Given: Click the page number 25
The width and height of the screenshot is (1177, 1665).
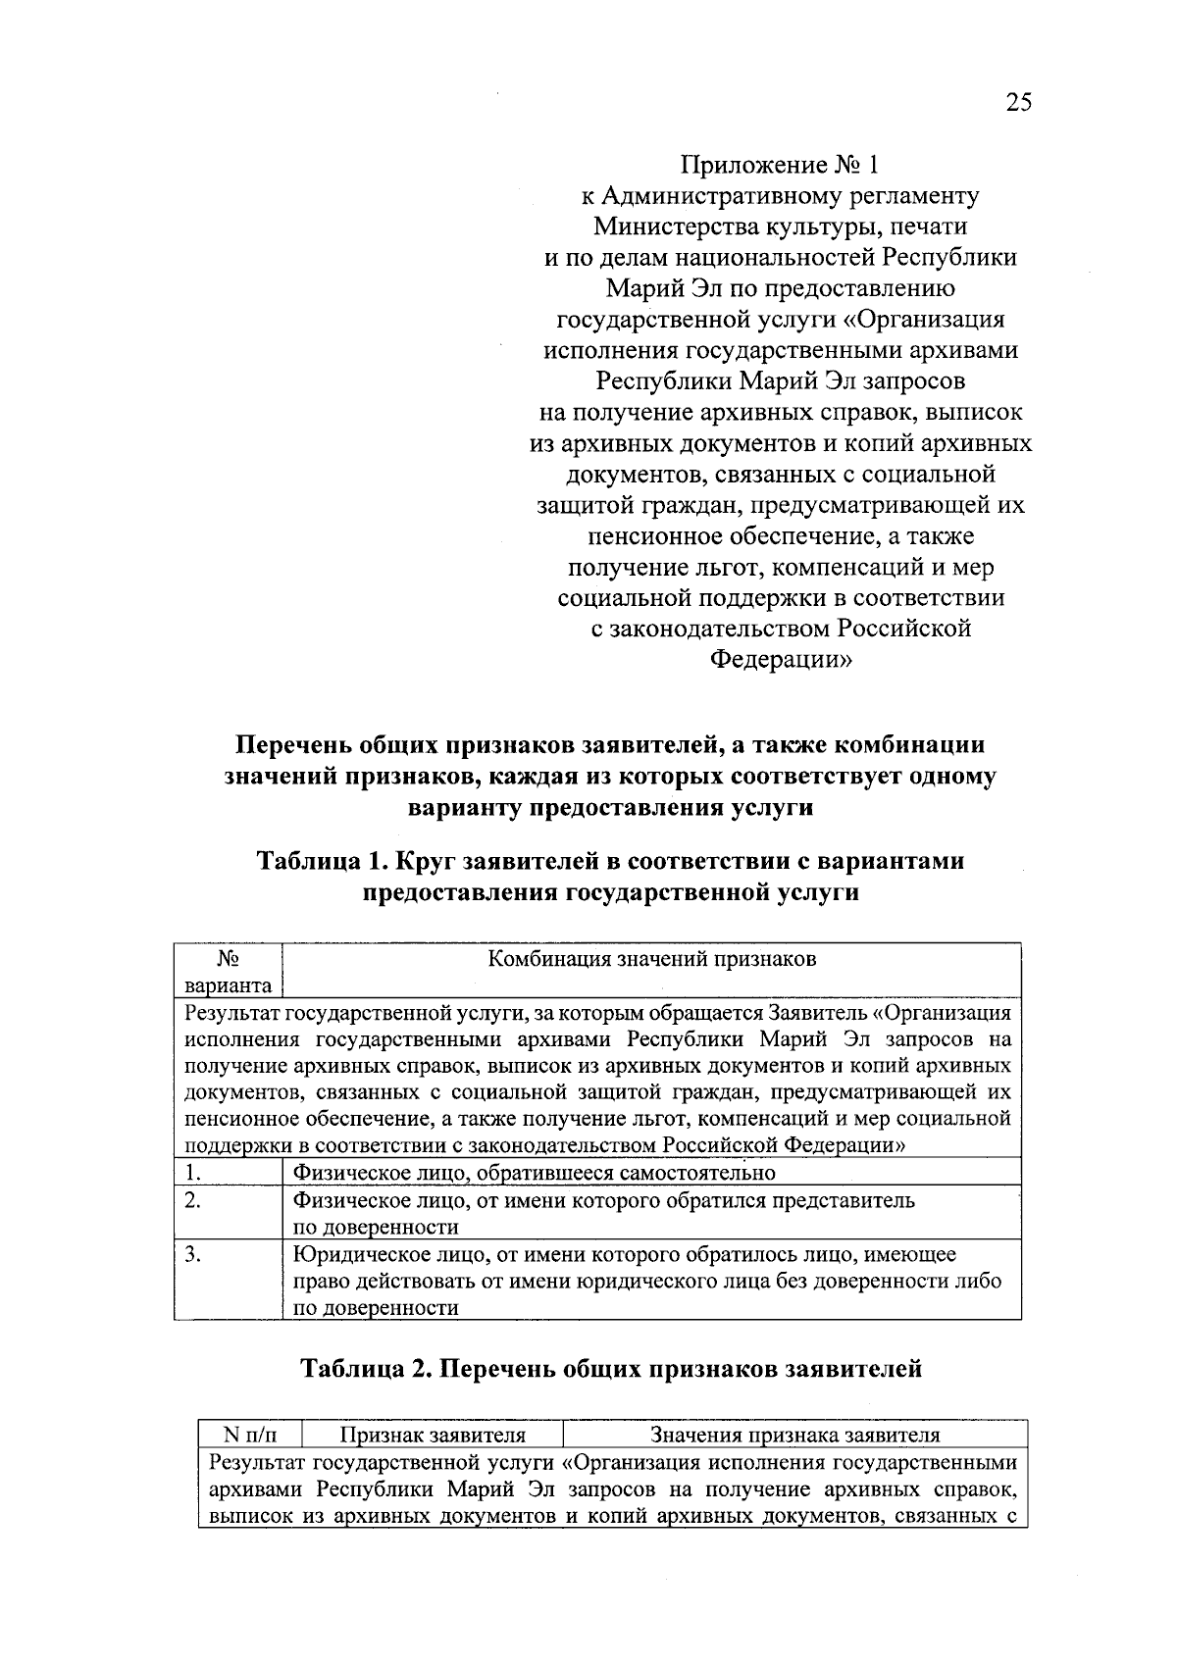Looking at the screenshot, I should click(1018, 102).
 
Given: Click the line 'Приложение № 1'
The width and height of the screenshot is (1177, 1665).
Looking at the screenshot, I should click(780, 165).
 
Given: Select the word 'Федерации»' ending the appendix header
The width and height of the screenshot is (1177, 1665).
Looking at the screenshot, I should click(780, 660).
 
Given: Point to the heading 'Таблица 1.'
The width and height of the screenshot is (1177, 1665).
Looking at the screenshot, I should click(323, 861).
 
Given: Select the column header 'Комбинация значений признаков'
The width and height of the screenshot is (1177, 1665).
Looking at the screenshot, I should click(652, 959).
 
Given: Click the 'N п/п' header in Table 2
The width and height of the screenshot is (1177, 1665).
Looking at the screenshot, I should click(250, 1436).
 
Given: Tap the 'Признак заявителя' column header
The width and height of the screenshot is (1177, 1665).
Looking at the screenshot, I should click(433, 1436).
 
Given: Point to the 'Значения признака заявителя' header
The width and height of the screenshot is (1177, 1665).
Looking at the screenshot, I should click(795, 1436).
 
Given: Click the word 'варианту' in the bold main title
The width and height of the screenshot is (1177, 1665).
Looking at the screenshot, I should click(465, 808).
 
